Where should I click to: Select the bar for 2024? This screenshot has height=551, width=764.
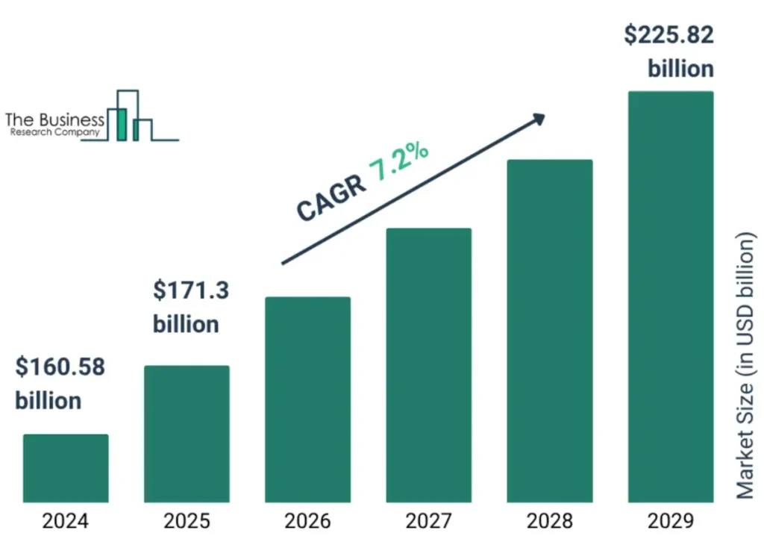tap(66, 468)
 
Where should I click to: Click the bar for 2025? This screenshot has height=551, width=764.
tap(187, 434)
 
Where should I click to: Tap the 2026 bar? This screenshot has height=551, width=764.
tap(307, 399)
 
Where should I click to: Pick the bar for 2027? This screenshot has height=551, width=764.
tap(428, 365)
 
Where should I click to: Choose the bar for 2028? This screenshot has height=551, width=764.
tap(549, 331)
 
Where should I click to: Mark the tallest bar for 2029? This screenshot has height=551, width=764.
tap(671, 296)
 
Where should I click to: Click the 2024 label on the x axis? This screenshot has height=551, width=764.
tap(66, 521)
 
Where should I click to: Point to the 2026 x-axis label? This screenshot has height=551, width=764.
tap(307, 521)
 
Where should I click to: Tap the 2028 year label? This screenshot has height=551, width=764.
tap(549, 521)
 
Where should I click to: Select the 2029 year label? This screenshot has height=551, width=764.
tap(671, 521)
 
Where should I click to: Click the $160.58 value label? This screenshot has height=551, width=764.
tap(60, 367)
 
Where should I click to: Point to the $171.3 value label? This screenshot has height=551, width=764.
tap(191, 290)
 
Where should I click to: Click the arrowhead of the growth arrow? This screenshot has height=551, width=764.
tap(537, 119)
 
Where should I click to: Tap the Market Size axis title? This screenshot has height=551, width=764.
tap(746, 366)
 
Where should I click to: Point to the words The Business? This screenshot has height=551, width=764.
tap(54, 119)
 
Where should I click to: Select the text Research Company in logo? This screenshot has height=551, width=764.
tap(54, 132)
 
